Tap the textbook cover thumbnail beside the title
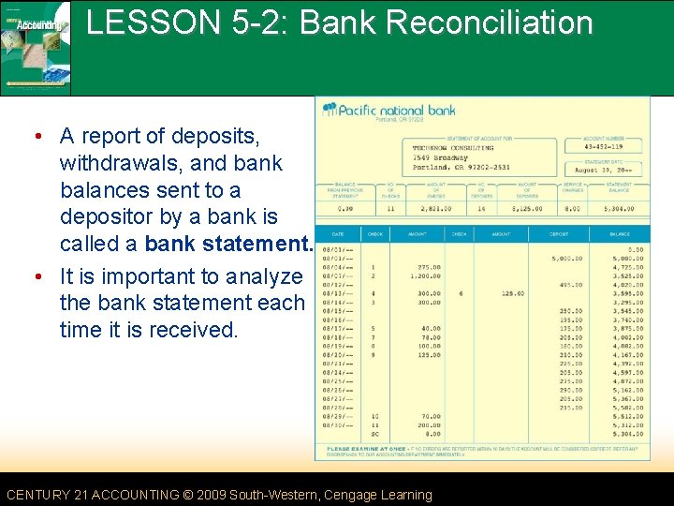tap(36, 47)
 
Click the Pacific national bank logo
tap(389, 111)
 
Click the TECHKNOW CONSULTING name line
tap(453, 147)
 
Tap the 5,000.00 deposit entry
tap(566, 258)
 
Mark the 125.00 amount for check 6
tap(511, 293)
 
